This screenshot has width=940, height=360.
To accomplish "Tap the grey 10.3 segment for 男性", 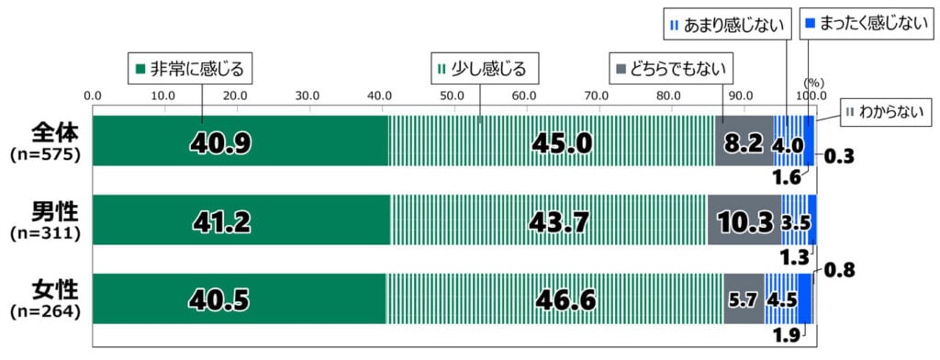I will pos(744,221).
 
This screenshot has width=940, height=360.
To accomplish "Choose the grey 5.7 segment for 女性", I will pos(743,299).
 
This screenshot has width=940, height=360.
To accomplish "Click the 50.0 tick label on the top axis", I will pos(452,96).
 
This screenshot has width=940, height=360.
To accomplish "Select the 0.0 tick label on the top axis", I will pos(93,96).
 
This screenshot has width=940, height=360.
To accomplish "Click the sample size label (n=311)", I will pos(46,234).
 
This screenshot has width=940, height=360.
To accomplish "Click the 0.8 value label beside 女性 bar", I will pos(838,270).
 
